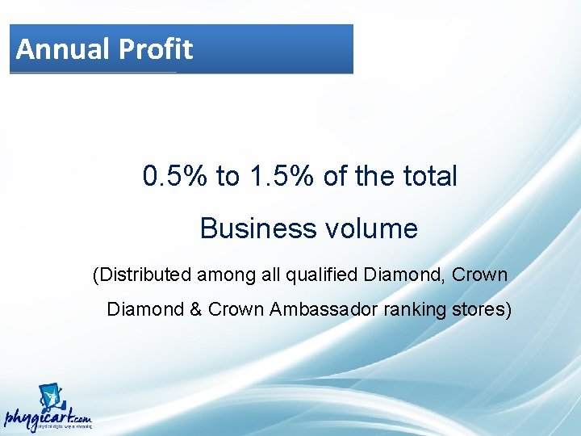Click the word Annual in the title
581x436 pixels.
pos(63,49)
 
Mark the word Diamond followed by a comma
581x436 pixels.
pos(400,275)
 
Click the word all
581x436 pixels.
pos(271,275)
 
